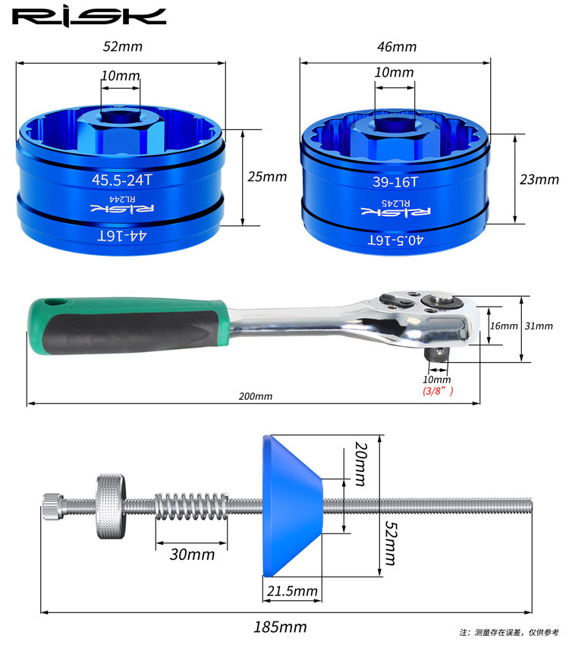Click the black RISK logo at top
pyautogui.click(x=89, y=17)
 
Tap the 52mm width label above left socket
pyautogui.click(x=122, y=46)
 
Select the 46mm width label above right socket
pyautogui.click(x=397, y=47)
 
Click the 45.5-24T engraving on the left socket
pyautogui.click(x=122, y=180)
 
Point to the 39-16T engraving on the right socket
pyautogui.click(x=395, y=182)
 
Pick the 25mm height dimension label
pyautogui.click(x=267, y=177)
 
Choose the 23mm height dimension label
pyautogui.click(x=539, y=179)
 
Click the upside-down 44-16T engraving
pyautogui.click(x=122, y=235)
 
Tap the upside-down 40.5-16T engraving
pyautogui.click(x=395, y=240)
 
